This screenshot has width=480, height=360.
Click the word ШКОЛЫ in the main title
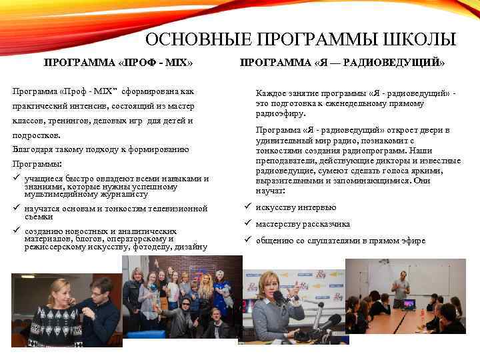coord(419,40)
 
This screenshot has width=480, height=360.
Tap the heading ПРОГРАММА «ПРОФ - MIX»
coord(118,63)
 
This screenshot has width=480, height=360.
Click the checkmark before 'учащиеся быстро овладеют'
coord(16,179)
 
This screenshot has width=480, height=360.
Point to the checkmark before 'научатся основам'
coord(16,209)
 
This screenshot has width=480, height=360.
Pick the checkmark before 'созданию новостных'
coord(16,231)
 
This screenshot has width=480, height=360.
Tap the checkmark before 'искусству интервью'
coord(247,207)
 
